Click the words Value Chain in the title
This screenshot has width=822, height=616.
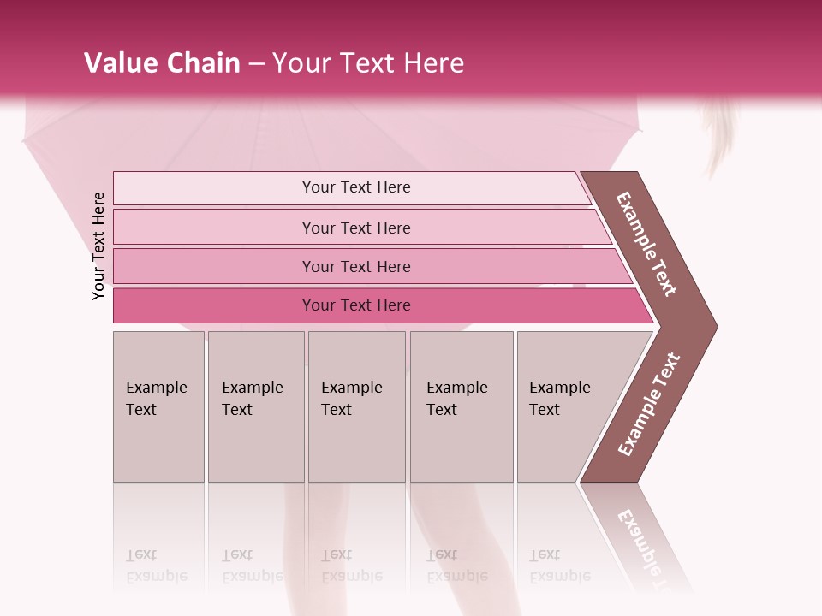click(x=162, y=63)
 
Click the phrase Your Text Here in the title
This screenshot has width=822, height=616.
click(x=369, y=63)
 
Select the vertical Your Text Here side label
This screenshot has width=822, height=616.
click(x=98, y=246)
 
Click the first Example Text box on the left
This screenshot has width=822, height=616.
click(x=158, y=406)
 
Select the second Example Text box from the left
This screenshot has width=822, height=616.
click(x=256, y=406)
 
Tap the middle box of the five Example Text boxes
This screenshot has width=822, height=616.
click(x=356, y=406)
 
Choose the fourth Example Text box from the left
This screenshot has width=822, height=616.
click(x=462, y=406)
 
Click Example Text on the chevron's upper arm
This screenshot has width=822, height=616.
click(x=646, y=244)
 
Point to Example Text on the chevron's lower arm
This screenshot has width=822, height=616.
click(x=649, y=404)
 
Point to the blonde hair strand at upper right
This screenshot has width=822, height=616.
click(x=719, y=137)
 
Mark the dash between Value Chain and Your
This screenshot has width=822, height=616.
click(x=256, y=64)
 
